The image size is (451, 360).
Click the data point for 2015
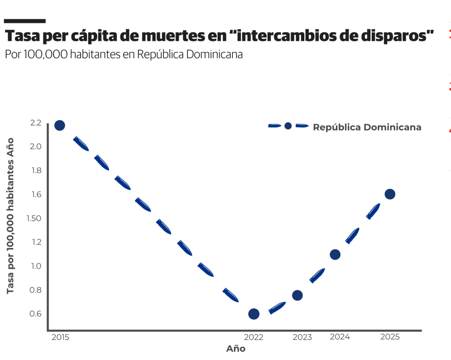(x=59, y=125)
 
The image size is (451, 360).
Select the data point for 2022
(x=254, y=314)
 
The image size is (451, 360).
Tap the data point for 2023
(x=297, y=295)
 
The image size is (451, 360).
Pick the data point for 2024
(x=335, y=254)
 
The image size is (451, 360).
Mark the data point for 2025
(x=390, y=194)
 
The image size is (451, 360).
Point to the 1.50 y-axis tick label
(x=35, y=218)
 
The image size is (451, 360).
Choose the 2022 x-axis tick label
(x=254, y=337)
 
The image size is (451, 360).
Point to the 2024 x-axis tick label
(x=340, y=337)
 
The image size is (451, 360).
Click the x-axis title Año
(x=236, y=349)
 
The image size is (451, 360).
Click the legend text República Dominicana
(x=367, y=128)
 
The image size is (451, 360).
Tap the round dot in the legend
(x=288, y=126)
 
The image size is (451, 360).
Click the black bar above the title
(x=25, y=21)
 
